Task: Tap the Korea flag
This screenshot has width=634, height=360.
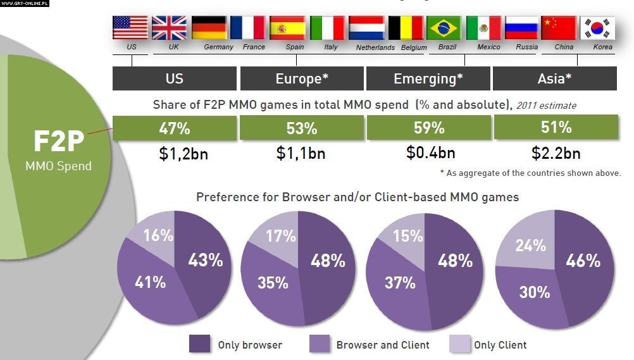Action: (x=598, y=28)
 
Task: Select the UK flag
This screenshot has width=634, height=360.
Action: (x=170, y=28)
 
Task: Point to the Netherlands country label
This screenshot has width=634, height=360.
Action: (x=375, y=47)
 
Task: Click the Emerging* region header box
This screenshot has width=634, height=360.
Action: (x=428, y=79)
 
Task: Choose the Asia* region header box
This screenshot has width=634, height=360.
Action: (x=555, y=79)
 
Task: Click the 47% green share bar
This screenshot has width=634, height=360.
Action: (x=175, y=128)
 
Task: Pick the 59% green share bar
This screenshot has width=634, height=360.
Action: (x=428, y=128)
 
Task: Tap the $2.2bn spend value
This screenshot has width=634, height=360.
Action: (x=556, y=153)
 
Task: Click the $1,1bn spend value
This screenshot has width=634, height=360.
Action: (x=301, y=153)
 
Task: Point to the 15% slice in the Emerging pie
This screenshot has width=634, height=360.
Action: (x=407, y=236)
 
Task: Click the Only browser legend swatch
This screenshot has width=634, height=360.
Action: (x=200, y=344)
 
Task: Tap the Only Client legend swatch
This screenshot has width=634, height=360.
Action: (x=459, y=344)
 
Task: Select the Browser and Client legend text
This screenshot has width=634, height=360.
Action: (x=383, y=345)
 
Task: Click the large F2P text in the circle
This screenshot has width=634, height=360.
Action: (x=58, y=142)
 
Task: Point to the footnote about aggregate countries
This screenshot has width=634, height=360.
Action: (x=530, y=173)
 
